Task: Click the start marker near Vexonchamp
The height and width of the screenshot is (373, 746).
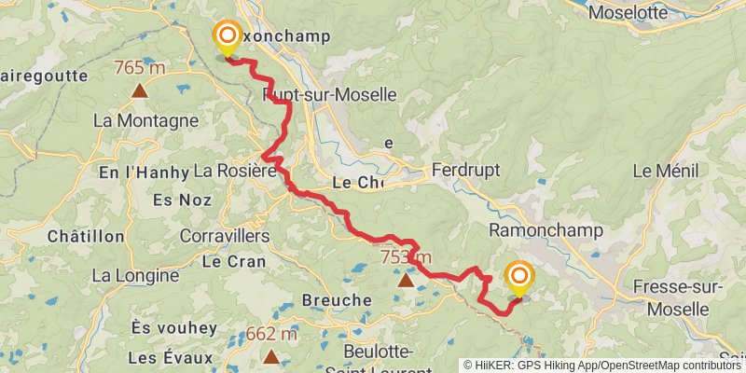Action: point(227,37)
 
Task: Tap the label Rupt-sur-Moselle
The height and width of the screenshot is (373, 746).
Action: point(331,95)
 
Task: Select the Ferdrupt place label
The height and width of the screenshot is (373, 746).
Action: point(466,171)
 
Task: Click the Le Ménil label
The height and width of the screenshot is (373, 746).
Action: point(668,171)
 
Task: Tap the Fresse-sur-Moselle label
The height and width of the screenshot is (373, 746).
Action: point(676,297)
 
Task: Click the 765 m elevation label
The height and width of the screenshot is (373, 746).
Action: point(140,68)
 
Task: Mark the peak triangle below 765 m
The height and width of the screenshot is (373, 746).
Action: point(140,90)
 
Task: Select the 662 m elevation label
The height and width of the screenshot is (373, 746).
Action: point(271,334)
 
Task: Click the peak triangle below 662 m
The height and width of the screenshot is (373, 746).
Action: point(271,356)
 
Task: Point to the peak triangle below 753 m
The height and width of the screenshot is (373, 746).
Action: point(406,279)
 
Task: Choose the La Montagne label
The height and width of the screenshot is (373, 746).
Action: point(145,120)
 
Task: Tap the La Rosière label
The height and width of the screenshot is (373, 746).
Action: point(234,171)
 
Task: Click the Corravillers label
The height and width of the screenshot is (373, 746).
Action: point(224,236)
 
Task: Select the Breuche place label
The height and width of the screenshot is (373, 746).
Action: point(337,300)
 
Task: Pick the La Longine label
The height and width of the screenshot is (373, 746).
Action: point(135,275)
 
